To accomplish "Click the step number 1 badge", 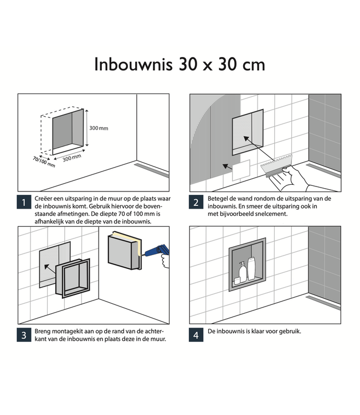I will (x=24, y=203).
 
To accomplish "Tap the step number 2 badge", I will (x=196, y=203).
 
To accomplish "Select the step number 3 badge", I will (x=24, y=335).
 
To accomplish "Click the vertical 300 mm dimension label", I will (x=99, y=128).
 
